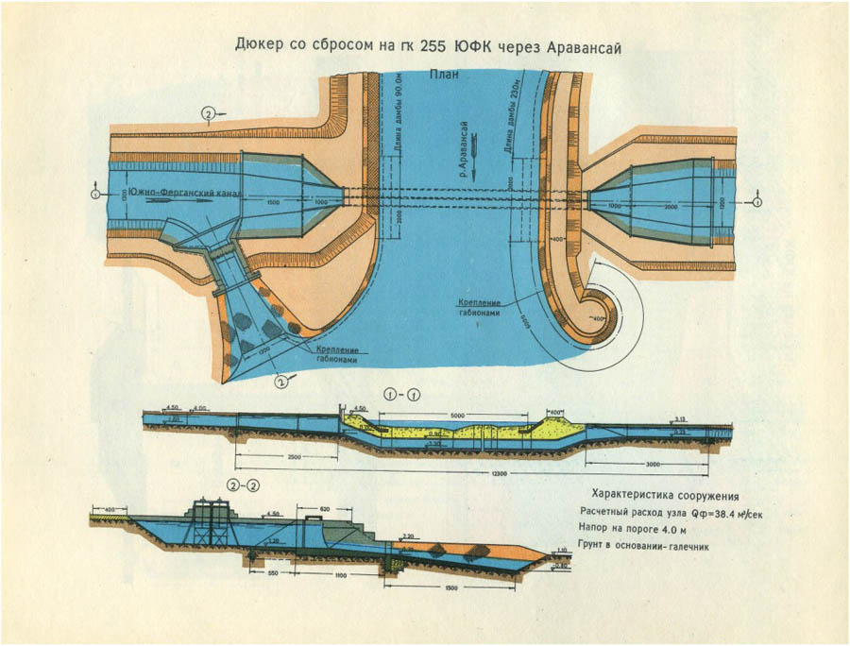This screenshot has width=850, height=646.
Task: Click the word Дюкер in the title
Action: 260,45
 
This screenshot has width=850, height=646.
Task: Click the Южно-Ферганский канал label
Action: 178,195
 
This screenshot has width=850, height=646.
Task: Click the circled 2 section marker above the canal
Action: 207,115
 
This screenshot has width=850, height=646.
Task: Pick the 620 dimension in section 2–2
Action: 324,509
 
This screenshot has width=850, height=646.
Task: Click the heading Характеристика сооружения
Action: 664,495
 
